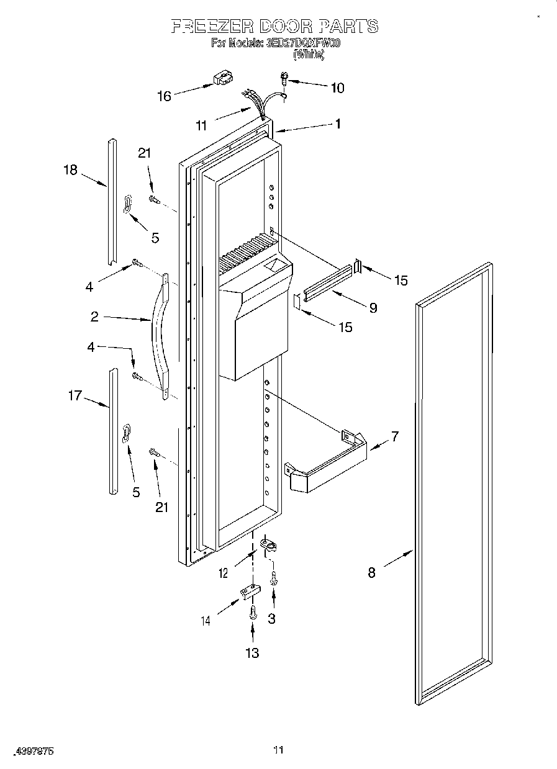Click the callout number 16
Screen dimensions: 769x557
point(164,96)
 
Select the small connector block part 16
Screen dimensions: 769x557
point(221,79)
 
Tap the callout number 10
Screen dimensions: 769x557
point(337,88)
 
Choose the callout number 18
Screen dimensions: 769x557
point(71,169)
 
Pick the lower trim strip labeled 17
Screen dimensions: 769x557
point(112,431)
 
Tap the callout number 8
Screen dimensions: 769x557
point(371,573)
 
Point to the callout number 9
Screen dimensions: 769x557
point(373,307)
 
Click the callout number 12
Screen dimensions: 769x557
point(224,573)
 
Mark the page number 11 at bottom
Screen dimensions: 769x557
point(278,750)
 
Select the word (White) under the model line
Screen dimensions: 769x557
point(309,55)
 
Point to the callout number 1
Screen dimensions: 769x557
point(338,123)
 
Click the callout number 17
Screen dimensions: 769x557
point(75,395)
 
